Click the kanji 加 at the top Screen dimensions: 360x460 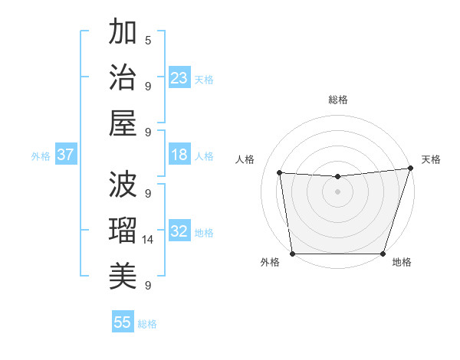click(x=123, y=33)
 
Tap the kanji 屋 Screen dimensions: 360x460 click(x=123, y=123)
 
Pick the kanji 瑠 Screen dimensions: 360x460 click(x=123, y=230)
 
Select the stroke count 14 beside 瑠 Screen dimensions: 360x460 click(x=148, y=240)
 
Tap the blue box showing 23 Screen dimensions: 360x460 click(x=179, y=78)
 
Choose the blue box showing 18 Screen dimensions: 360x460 click(x=179, y=155)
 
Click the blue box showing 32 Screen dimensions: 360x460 click(x=179, y=231)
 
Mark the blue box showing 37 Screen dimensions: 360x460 click(x=66, y=155)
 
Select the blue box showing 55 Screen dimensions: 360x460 click(x=123, y=322)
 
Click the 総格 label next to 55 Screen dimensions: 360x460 click(x=147, y=324)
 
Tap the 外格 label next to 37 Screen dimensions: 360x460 click(x=41, y=156)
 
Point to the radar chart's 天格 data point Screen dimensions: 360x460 click(x=410, y=169)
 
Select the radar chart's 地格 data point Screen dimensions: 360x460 click(x=383, y=254)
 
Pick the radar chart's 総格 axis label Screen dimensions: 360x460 click(x=337, y=100)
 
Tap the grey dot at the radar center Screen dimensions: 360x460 click(x=337, y=191)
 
